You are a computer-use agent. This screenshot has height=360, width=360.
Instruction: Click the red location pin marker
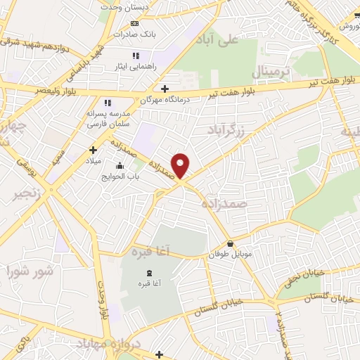[x=181, y=165]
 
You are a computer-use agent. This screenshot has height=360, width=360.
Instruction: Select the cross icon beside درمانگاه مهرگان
[x=165, y=89]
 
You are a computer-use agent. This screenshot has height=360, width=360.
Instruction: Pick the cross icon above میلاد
[x=93, y=149]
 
